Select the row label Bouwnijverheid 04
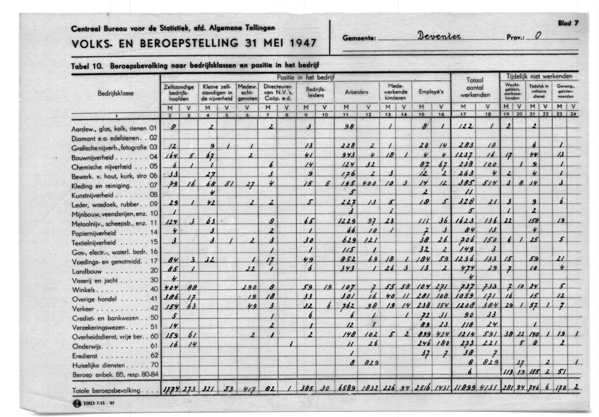tap(115, 156)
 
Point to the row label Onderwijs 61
tap(115, 346)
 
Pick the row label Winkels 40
tap(115, 289)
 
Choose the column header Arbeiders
tap(357, 92)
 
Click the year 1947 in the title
tap(303, 43)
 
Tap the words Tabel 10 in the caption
tap(87, 65)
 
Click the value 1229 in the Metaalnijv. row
tap(347, 223)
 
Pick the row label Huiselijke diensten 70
tap(115, 365)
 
